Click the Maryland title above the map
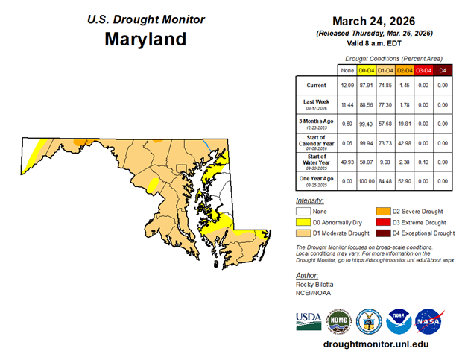(145, 39)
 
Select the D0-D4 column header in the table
(366, 70)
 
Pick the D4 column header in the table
(443, 70)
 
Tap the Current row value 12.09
(347, 86)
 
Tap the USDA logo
(308, 320)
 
